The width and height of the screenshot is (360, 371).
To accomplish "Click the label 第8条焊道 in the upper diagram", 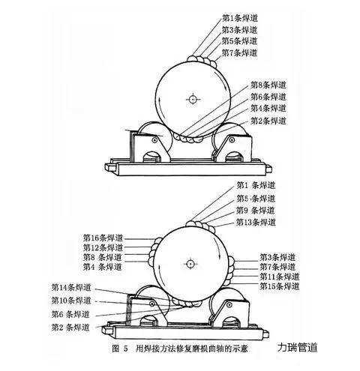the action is pyautogui.click(x=268, y=85).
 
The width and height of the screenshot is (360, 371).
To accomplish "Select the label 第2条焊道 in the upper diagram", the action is pyautogui.click(x=268, y=121).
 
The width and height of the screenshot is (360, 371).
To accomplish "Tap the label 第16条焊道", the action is pyautogui.click(x=103, y=238).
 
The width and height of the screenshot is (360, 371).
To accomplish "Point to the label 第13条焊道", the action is pyautogui.click(x=256, y=222).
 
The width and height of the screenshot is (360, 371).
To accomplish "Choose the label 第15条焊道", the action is pyautogui.click(x=279, y=286).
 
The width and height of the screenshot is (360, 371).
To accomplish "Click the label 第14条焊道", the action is pyautogui.click(x=71, y=288).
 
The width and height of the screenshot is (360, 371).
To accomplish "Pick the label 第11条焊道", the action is pyautogui.click(x=279, y=277).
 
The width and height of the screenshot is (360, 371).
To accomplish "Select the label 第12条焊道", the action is pyautogui.click(x=103, y=247).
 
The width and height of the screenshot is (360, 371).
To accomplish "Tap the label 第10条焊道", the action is pyautogui.click(x=71, y=301).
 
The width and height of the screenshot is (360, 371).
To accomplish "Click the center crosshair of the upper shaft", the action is pyautogui.click(x=193, y=100).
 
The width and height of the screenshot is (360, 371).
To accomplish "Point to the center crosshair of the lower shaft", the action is pyautogui.click(x=190, y=264).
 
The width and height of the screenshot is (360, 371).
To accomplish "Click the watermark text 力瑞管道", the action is pyautogui.click(x=297, y=347).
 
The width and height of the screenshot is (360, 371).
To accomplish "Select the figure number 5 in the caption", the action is pyautogui.click(x=125, y=349).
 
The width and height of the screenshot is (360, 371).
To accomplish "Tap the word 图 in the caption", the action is pyautogui.click(x=115, y=349).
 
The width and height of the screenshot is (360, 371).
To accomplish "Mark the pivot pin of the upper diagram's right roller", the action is pyautogui.click(x=232, y=140).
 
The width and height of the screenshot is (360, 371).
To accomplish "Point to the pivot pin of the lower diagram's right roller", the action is pyautogui.click(x=229, y=304).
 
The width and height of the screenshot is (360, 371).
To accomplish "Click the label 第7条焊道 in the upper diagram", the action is pyautogui.click(x=239, y=53).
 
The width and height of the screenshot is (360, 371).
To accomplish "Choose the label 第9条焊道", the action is pyautogui.click(x=255, y=211).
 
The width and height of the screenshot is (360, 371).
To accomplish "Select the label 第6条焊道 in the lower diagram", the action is pyautogui.click(x=70, y=314).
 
